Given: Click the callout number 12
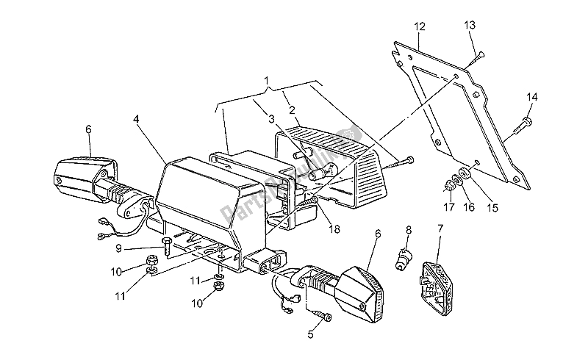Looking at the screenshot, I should point(420,27).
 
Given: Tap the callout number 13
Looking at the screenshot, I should point(470,26).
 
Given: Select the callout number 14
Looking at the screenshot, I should point(532,96).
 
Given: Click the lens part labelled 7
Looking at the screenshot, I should point(439,278).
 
